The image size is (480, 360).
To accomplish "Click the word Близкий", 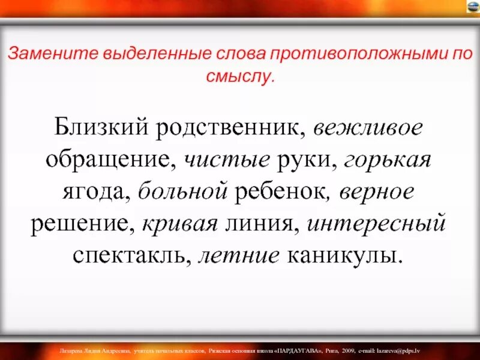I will point(100,128).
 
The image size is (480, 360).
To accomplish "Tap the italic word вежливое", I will point(368,128).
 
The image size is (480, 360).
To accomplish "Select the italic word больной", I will point(183,192).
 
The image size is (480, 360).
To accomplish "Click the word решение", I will point(83,224).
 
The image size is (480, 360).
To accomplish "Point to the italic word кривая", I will point(179,224).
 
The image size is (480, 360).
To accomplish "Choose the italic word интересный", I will point(377,224).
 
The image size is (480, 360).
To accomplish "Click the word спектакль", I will point(132,256).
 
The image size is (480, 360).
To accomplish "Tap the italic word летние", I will point(239,256).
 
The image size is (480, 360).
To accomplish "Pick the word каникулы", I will point(342,256).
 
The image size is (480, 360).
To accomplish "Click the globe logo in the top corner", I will point(473,7).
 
